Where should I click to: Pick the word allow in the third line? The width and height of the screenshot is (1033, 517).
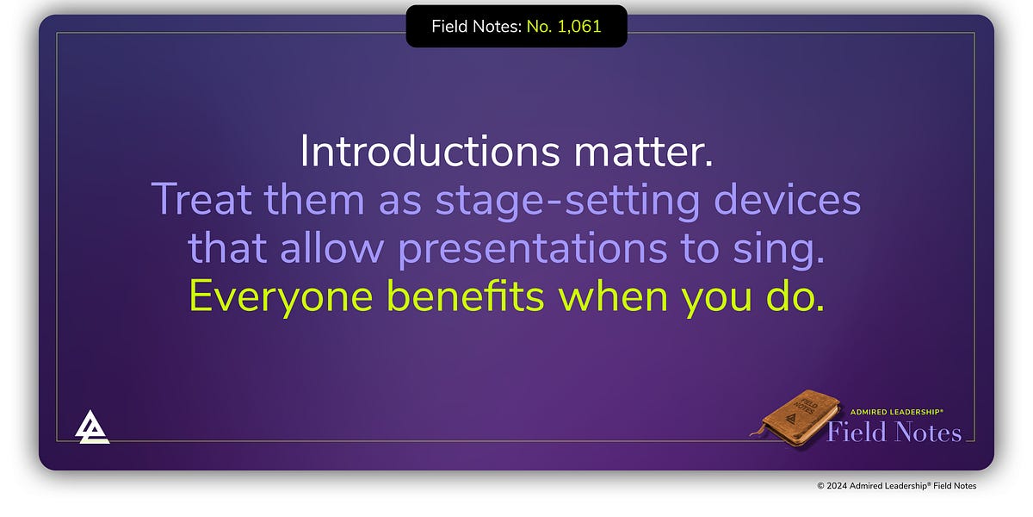pyautogui.click(x=336, y=248)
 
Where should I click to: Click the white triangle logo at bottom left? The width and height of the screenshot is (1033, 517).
pyautogui.click(x=92, y=427)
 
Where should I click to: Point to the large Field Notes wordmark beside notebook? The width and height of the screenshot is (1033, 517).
pyautogui.click(x=894, y=432)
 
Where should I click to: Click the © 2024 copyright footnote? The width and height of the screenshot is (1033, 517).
pyautogui.click(x=896, y=486)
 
